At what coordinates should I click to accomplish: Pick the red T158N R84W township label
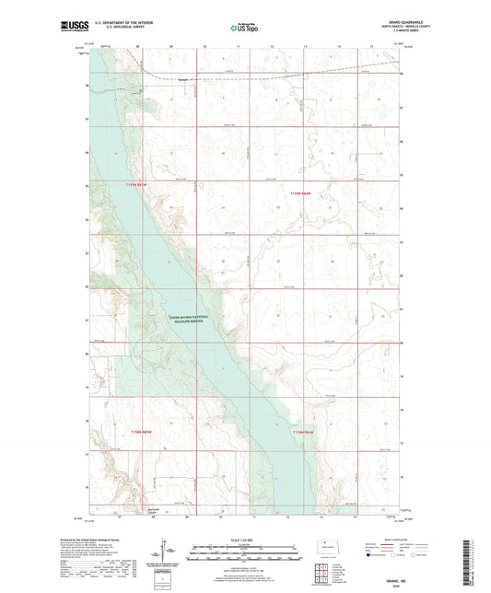coord(304,433)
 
